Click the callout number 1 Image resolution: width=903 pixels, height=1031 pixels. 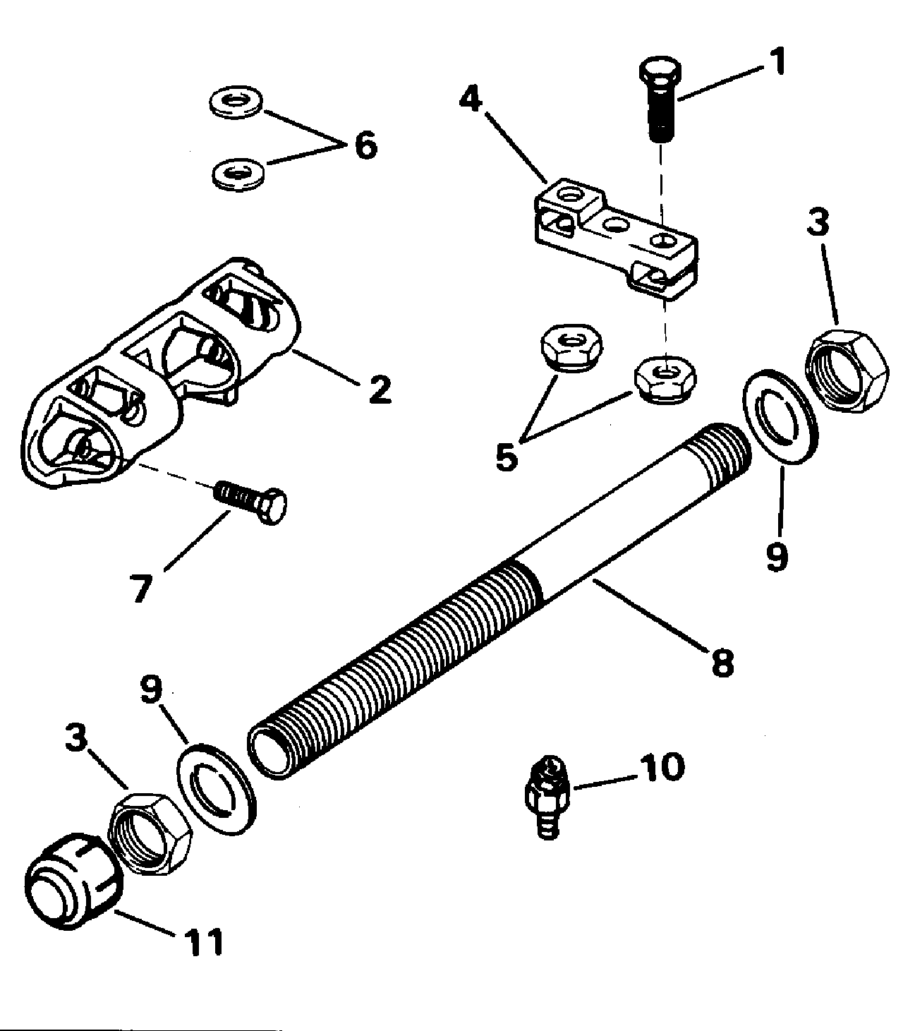[x=776, y=61]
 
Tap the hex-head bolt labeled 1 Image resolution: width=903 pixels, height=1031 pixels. [x=660, y=99]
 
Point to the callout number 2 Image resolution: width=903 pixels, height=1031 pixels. [x=380, y=390]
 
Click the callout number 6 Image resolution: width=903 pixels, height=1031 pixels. [x=366, y=145]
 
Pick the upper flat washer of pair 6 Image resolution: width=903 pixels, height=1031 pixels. [x=236, y=102]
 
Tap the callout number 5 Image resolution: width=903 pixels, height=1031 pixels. [x=507, y=457]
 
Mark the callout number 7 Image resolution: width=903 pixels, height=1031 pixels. [x=141, y=588]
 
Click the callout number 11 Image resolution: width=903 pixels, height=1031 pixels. [x=203, y=942]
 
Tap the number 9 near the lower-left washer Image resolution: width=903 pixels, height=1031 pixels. [x=151, y=689]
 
